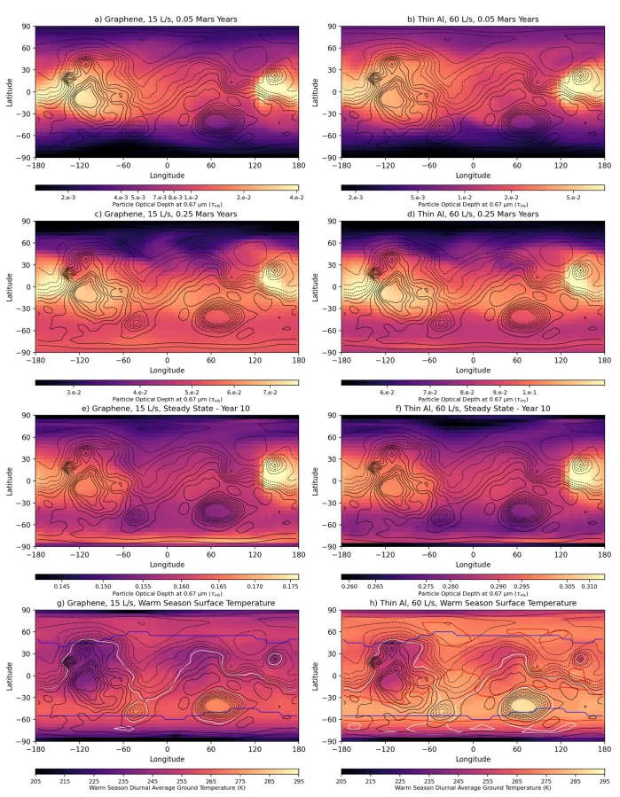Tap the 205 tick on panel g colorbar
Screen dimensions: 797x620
[35, 781]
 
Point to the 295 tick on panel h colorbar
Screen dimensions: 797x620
[604, 781]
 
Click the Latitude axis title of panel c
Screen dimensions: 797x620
[8, 286]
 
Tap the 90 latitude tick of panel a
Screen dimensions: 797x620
[27, 27]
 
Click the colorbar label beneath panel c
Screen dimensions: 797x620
[167, 400]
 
